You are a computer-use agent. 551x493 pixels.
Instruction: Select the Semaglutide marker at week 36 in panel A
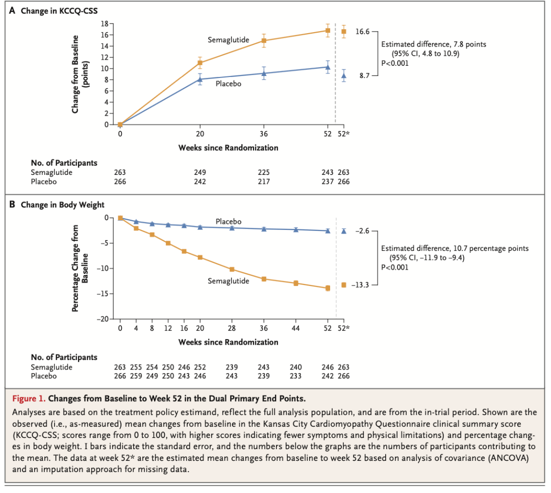click(x=264, y=40)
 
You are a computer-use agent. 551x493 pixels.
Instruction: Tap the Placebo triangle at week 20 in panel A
click(x=200, y=80)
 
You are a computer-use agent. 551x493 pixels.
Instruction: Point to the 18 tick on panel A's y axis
click(x=104, y=23)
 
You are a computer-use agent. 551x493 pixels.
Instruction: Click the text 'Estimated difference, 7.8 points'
click(x=434, y=44)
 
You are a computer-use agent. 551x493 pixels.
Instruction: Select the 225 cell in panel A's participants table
click(x=264, y=172)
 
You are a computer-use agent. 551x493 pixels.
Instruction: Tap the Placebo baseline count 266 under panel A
click(x=120, y=181)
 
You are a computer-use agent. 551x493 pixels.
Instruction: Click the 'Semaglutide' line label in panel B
click(x=228, y=281)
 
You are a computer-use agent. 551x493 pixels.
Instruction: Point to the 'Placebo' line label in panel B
click(x=228, y=222)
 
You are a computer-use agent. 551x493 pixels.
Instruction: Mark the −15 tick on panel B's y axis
click(x=104, y=294)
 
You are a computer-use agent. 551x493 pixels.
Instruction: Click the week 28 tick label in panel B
click(x=232, y=328)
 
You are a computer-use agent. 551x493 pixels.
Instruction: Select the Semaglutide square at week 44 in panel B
click(x=296, y=283)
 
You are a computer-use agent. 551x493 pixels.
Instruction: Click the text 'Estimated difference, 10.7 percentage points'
click(x=455, y=248)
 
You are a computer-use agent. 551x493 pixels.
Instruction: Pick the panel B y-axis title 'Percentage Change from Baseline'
click(x=80, y=268)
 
